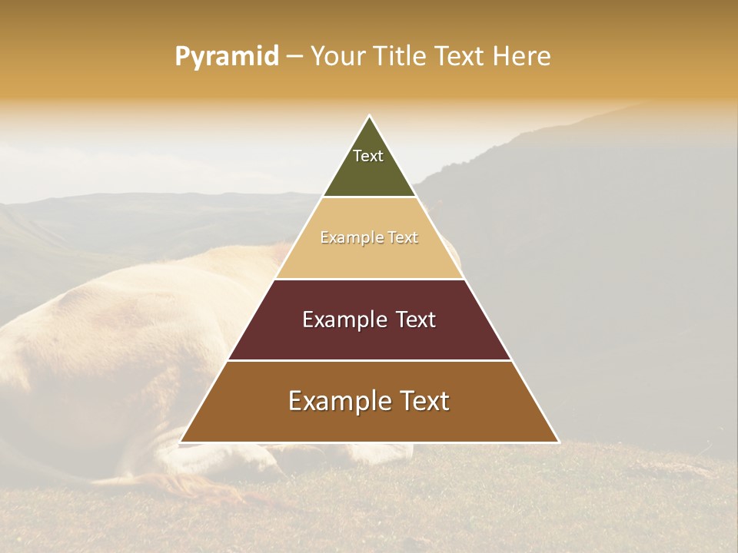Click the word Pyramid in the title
coord(227,57)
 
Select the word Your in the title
coord(337,57)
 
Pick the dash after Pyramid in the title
coord(294,57)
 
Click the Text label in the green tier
coord(368,156)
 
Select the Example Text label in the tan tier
coord(369,238)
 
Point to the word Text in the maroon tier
coord(415,320)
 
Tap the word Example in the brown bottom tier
coord(338,401)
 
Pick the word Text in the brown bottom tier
coord(424,401)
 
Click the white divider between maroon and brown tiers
coord(369,360)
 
